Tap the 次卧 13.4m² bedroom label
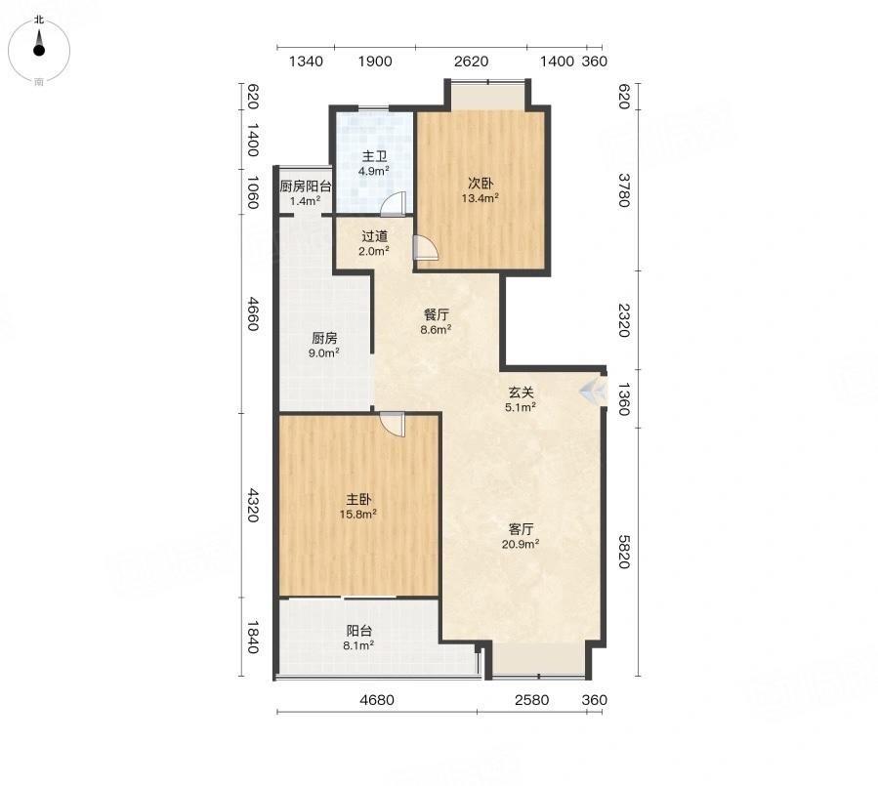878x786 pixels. coord(481,190)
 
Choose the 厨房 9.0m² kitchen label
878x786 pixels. coord(324,345)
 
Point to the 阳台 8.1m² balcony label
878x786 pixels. coord(358,638)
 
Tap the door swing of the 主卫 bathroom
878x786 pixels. coord(393,204)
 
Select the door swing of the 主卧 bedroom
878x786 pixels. coord(392,425)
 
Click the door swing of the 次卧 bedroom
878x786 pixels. coord(426,247)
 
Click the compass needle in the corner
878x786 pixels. coord(39,43)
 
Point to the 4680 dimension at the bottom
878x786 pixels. coord(377,700)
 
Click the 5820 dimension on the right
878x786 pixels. coord(624,552)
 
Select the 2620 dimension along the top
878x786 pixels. coord(471,61)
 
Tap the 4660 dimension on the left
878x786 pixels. coord(253,314)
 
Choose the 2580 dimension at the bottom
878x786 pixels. coord(532,700)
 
